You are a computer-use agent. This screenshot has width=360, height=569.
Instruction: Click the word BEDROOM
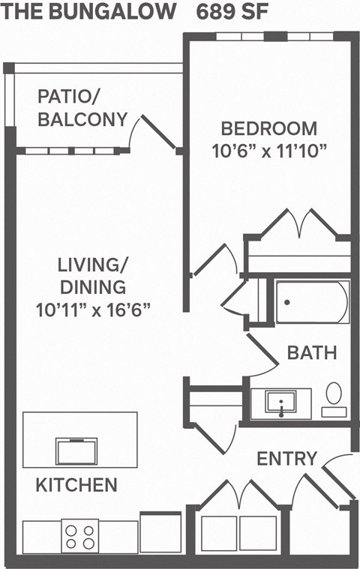[x=269, y=128]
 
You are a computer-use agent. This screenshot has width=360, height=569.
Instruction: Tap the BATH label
[x=312, y=352]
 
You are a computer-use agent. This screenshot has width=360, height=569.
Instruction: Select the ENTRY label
[x=287, y=458]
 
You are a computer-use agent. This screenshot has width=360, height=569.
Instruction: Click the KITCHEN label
[x=76, y=485]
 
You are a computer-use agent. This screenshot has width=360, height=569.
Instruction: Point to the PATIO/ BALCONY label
[x=82, y=107]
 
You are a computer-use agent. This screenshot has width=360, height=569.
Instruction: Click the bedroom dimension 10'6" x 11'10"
[x=269, y=151]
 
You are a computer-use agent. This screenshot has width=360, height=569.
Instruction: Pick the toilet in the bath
[x=334, y=398]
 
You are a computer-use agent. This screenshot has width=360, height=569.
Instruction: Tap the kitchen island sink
[x=76, y=451]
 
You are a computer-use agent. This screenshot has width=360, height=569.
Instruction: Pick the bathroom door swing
[x=262, y=356]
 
